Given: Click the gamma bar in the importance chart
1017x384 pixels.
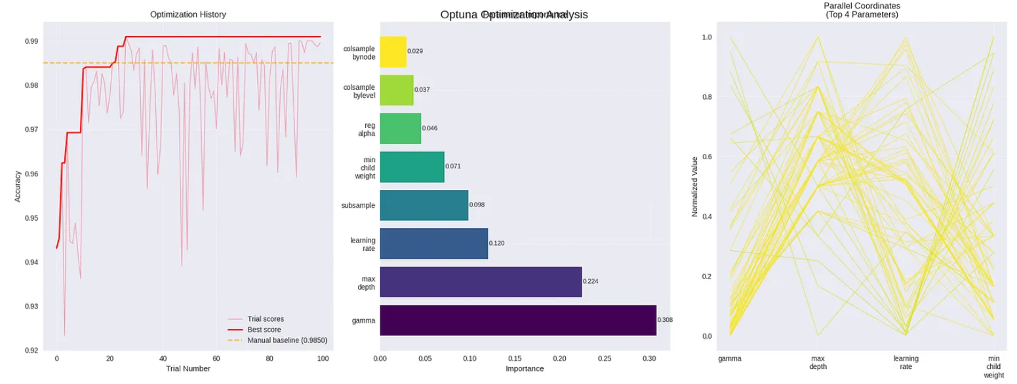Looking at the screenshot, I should tap(518, 320).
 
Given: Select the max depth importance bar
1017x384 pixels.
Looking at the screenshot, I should tap(481, 282).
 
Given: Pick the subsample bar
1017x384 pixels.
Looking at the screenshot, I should tap(424, 205).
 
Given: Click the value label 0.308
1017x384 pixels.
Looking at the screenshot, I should tap(665, 320).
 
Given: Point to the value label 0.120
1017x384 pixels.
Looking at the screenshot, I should tap(496, 243).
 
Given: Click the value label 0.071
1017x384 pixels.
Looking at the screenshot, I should tap(453, 166).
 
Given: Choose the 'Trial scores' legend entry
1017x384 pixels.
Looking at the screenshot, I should tap(266, 319).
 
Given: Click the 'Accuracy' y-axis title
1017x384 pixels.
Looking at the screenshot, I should tap(18, 186).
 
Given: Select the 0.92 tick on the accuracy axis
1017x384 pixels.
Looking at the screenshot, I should tap(30, 351).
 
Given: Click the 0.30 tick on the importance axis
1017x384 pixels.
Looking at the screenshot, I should tap(649, 359).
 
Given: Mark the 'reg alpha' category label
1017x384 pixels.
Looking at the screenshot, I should tap(365, 128).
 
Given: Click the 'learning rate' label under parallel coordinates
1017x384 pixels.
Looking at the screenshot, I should tap(906, 362).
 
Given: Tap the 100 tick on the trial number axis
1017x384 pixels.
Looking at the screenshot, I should tap(323, 359).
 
